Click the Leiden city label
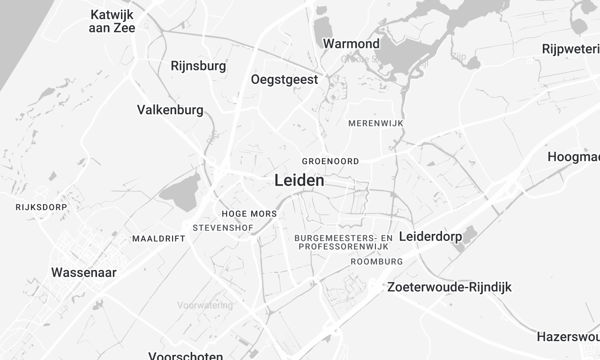(298, 181)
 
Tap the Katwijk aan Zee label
(111, 22)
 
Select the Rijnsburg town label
(198, 66)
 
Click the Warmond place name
(351, 44)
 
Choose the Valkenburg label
(170, 109)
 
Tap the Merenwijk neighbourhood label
(377, 122)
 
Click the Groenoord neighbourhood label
(330, 160)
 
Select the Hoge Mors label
(248, 214)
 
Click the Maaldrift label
(158, 239)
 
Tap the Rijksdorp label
(41, 207)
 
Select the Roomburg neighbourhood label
(377, 261)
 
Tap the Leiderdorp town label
(435, 236)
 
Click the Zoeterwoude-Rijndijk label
(449, 286)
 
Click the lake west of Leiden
(181, 193)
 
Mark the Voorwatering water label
(203, 303)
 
